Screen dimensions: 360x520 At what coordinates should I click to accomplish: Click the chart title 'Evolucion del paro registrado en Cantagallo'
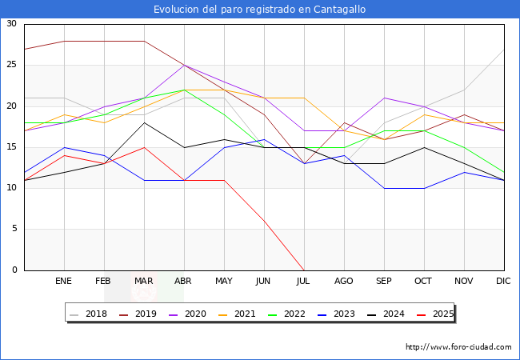point(260,9)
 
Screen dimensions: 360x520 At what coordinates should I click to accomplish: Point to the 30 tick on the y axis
point(12,24)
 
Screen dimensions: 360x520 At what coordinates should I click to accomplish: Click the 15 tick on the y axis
point(12,147)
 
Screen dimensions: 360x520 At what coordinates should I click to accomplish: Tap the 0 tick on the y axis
point(14,270)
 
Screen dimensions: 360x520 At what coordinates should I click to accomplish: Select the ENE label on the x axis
point(64,282)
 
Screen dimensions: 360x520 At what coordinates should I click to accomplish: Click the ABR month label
point(184,282)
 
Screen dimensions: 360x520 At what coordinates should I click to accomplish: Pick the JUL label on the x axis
point(304,282)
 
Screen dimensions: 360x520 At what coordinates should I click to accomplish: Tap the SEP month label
point(384,282)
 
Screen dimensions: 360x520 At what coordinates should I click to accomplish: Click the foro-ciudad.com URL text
point(458,347)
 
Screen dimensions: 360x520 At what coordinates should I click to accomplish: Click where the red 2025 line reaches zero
point(304,270)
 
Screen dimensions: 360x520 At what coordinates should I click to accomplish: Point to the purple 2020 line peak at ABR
point(184,65)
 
